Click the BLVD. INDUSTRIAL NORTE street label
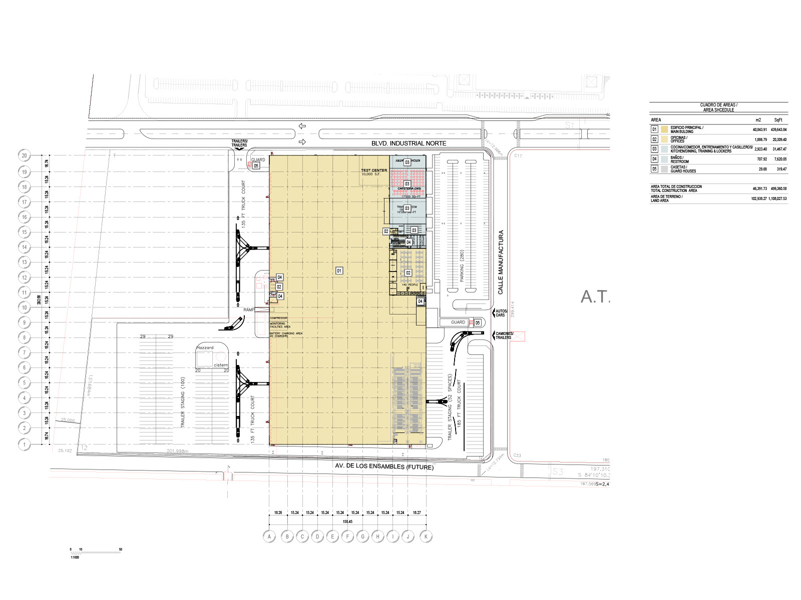[x=409, y=143]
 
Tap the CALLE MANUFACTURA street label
[x=501, y=262]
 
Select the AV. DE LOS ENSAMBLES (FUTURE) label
[x=384, y=466]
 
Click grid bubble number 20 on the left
[x=24, y=155]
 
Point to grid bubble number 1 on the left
[x=24, y=444]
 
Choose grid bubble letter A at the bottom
[x=269, y=536]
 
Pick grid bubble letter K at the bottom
[x=426, y=536]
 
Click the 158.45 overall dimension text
[x=347, y=521]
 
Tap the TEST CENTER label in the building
[x=374, y=170]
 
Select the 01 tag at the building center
[x=339, y=270]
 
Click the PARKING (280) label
[x=462, y=265]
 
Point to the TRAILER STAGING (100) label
[x=183, y=402]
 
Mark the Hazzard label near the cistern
[x=205, y=347]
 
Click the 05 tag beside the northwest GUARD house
[x=256, y=165]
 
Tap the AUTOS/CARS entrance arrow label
[x=501, y=313]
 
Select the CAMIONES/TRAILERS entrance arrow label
[x=504, y=335]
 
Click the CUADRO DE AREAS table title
[x=718, y=107]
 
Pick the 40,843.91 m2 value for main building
[x=759, y=129]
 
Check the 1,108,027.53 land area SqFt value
[x=777, y=198]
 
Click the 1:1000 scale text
[x=75, y=557]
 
